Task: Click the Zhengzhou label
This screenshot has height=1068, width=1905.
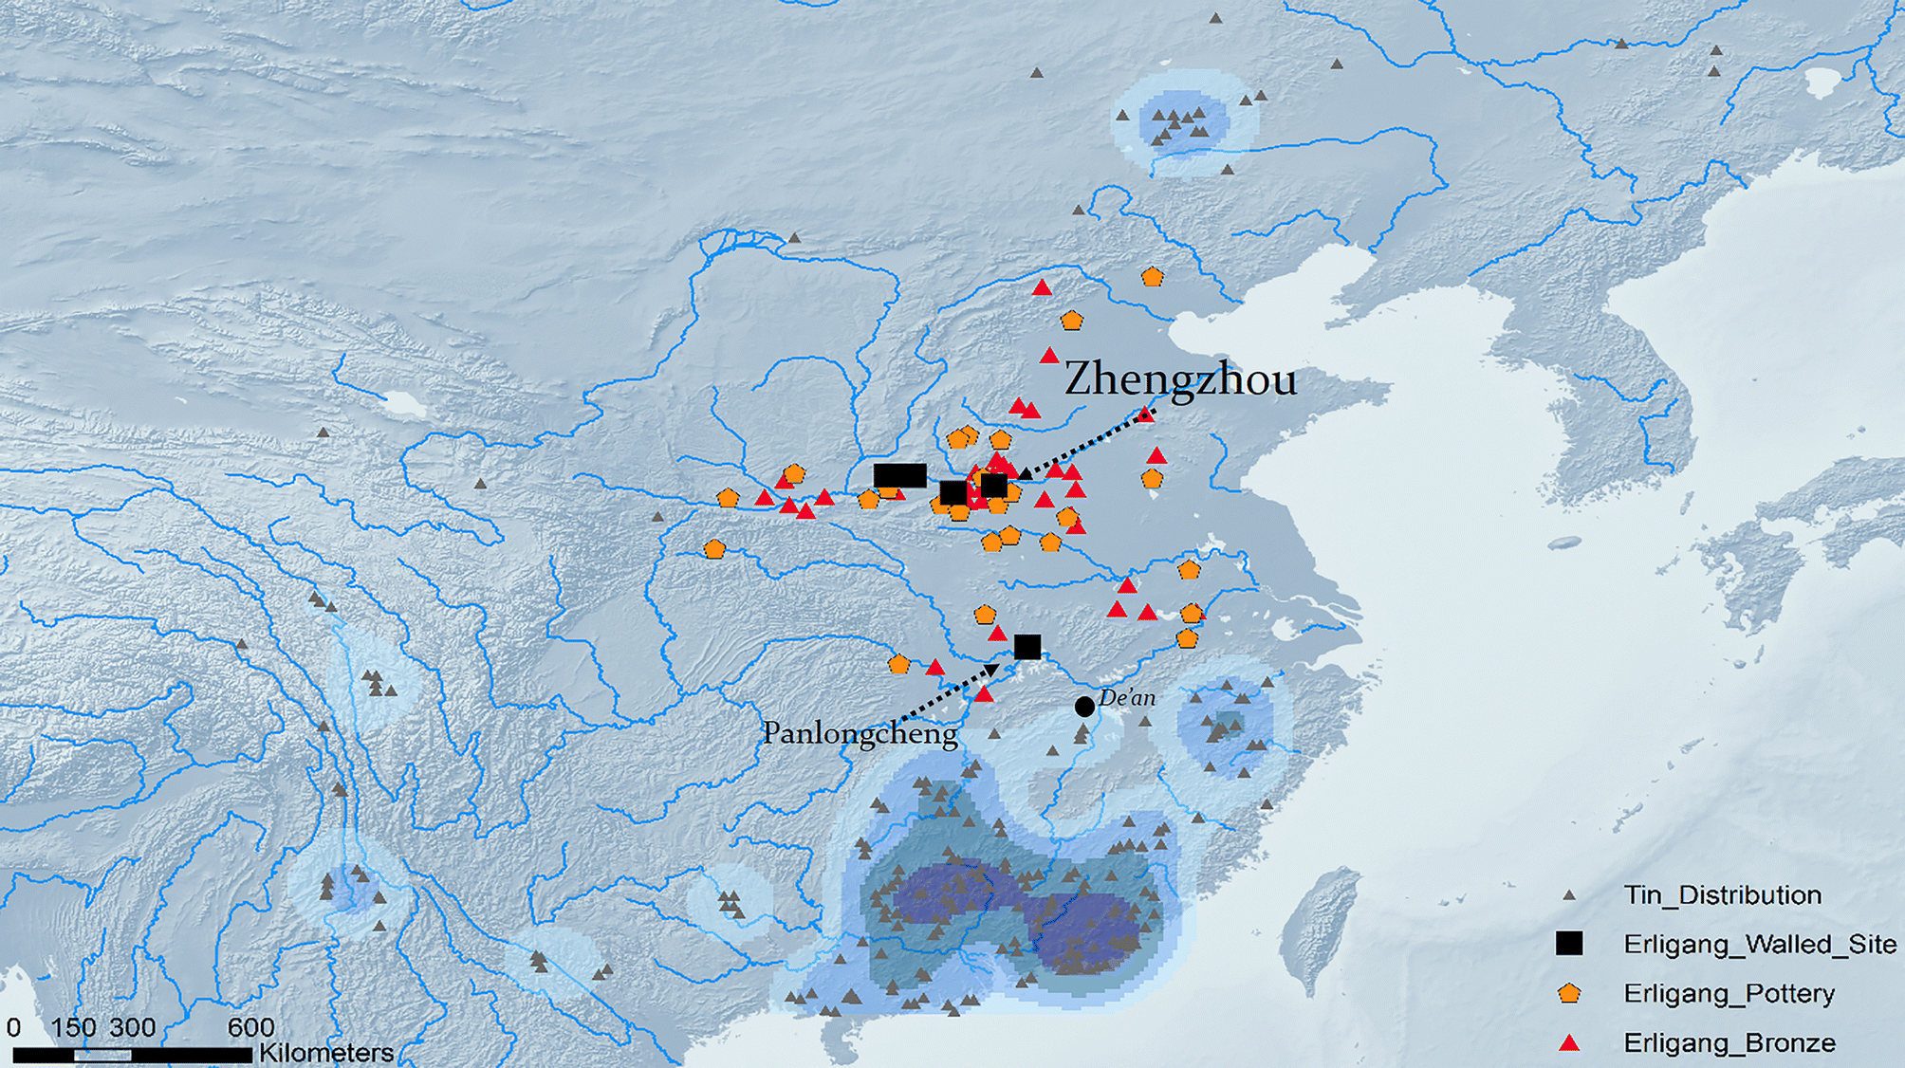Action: tap(1180, 379)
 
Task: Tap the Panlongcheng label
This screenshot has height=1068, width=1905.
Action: tap(860, 733)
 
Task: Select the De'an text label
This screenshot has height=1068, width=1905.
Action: tap(1127, 698)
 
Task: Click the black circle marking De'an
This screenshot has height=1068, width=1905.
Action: tap(1084, 707)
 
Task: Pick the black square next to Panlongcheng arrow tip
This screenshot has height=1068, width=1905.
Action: tap(1027, 647)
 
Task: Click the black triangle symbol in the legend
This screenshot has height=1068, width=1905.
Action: tap(1569, 894)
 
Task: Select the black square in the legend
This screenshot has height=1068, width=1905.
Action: tap(1569, 943)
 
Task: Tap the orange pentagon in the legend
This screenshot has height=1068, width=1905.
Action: tap(1569, 993)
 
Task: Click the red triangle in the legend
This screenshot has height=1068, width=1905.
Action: tap(1569, 1042)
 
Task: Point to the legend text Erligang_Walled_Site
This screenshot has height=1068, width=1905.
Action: tap(1760, 944)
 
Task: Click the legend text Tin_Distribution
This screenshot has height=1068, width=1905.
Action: tap(1722, 894)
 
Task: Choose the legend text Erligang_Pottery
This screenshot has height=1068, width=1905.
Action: tap(1729, 993)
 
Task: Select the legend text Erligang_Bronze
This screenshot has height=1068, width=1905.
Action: tap(1729, 1042)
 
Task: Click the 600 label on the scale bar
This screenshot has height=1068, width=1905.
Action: tap(250, 1027)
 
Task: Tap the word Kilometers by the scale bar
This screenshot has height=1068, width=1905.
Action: tap(326, 1052)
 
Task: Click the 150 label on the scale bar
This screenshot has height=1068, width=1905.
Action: tap(73, 1027)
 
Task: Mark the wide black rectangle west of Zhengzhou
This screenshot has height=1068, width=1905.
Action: tap(899, 475)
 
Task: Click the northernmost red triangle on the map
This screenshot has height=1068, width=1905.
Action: tap(1042, 287)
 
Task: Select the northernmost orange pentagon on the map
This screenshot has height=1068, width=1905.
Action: tap(1152, 277)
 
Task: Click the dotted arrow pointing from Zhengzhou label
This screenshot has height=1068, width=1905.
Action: tap(1086, 442)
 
